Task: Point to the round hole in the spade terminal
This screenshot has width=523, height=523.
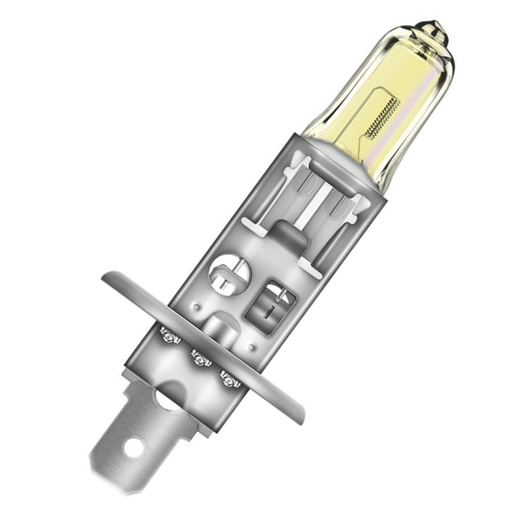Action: pos(132,447)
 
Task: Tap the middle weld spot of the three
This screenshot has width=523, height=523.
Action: pos(200,359)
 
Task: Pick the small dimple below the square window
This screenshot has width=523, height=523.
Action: pos(253,346)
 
